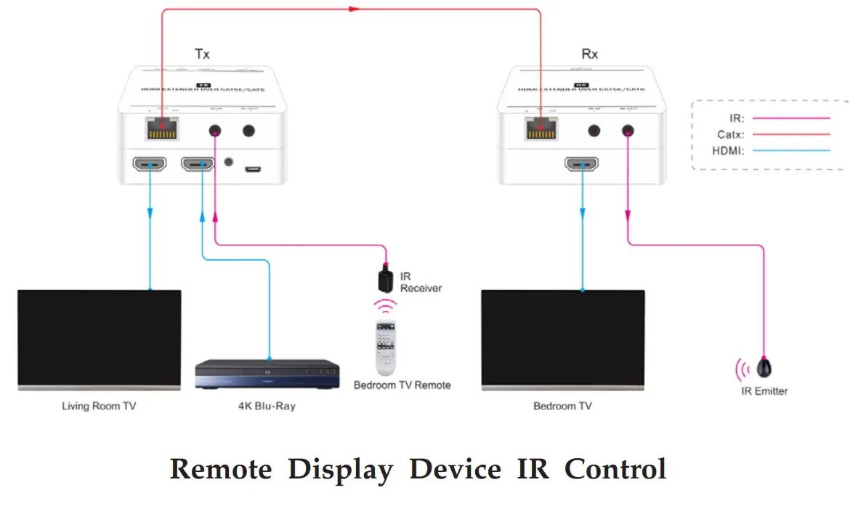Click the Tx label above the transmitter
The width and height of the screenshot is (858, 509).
coord(202,54)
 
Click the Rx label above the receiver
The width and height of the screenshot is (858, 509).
coord(590,54)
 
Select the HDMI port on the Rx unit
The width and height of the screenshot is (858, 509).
coord(582,164)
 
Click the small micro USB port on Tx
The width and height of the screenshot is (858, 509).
coord(252,169)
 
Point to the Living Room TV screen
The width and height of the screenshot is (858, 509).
coord(100,337)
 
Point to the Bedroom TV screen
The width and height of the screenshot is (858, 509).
coord(562,337)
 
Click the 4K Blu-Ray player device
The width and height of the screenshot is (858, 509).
coord(268,374)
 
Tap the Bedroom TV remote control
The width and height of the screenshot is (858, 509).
coord(385,348)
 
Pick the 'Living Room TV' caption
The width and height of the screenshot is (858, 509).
coord(99,406)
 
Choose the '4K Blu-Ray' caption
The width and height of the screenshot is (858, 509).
coord(267,406)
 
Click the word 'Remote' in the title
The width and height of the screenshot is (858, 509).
coord(220,469)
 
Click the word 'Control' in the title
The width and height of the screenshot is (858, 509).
coord(615,469)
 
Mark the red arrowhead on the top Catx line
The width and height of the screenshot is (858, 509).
coord(354,9)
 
